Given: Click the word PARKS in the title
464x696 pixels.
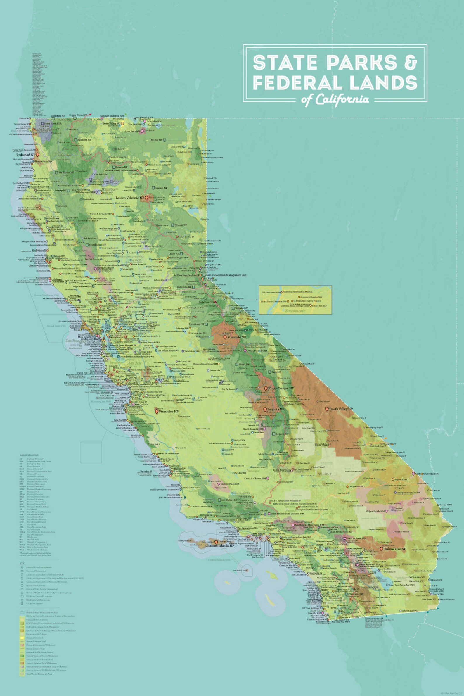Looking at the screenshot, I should tap(362, 63).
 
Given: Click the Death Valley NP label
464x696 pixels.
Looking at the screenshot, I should tap(341, 409).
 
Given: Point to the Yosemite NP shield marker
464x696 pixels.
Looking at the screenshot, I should tap(225, 337).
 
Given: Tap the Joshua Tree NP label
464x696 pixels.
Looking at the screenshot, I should tap(395, 549).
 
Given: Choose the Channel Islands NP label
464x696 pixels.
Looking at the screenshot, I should tap(219, 545).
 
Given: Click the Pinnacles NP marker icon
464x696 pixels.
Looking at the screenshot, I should tap(157, 411).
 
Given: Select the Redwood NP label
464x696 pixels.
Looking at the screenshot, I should tap(25, 155).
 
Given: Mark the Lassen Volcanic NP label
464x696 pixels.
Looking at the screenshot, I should tap(130, 198).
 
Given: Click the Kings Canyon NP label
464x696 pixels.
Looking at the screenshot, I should tap(281, 388).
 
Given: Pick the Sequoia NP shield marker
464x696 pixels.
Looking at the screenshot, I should tap(265, 409).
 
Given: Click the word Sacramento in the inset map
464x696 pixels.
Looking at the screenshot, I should tap(295, 311).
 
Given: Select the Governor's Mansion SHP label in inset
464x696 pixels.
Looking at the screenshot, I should tap(311, 297).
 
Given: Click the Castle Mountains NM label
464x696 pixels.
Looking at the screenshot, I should tap(426, 474).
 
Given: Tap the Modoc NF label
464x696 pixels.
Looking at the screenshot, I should tap(157, 140).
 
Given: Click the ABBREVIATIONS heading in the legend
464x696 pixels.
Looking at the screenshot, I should tap(29, 455).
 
